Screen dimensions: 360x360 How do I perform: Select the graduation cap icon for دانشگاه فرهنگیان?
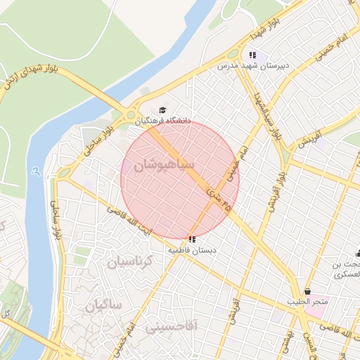pyautogui.click(x=163, y=110)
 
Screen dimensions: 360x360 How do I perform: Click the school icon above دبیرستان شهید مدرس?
pyautogui.click(x=252, y=54)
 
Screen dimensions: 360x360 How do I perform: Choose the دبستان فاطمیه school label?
pyautogui.click(x=192, y=250)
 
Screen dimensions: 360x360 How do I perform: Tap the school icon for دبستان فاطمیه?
pyautogui.click(x=192, y=239)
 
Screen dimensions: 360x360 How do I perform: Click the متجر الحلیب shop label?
pyautogui.click(x=307, y=302)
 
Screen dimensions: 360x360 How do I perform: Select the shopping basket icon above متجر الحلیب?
pyautogui.click(x=307, y=291)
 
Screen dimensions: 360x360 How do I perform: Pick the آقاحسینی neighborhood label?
pyautogui.click(x=172, y=326)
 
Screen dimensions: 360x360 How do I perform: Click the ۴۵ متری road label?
pyautogui.click(x=219, y=198)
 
